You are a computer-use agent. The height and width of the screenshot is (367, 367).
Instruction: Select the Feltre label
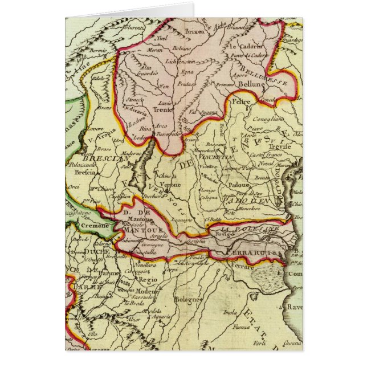242,101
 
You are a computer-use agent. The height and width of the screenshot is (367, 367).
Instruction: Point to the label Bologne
188,299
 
